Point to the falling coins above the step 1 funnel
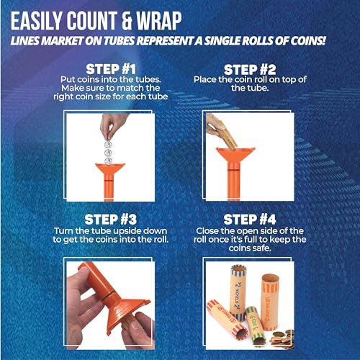point(107,148)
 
